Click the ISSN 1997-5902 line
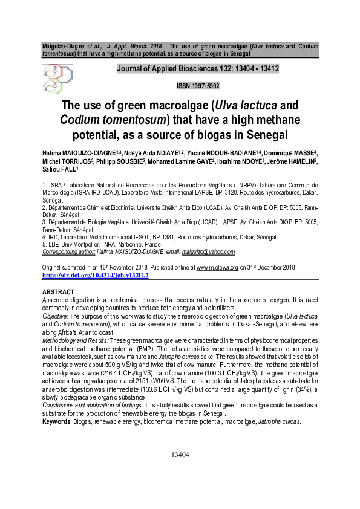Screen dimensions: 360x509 coord(197,86)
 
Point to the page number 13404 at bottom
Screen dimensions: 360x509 coord(180,471)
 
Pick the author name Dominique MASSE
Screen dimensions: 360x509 coord(293,154)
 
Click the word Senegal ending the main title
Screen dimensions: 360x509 coord(265,133)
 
